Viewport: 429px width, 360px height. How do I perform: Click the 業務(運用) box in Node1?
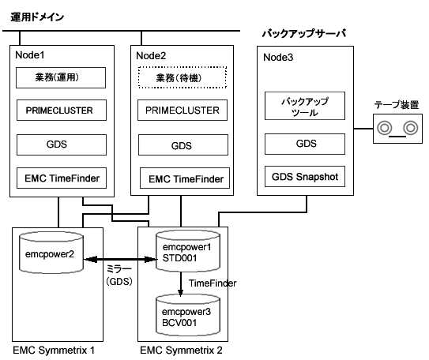[61, 78]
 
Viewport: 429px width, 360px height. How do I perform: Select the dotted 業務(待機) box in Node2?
[183, 77]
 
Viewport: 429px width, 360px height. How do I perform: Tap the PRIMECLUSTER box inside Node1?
[62, 111]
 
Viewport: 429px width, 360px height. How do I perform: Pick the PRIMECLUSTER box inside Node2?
[183, 111]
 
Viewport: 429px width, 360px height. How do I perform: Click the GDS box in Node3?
[305, 144]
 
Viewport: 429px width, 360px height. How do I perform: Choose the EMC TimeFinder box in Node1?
[62, 178]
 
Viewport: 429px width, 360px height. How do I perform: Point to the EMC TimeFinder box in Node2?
[185, 178]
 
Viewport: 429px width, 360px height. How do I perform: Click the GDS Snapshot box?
[305, 177]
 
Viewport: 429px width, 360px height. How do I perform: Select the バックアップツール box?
[305, 106]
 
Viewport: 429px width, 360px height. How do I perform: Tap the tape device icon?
[398, 129]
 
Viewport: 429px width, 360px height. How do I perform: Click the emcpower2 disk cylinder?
[51, 253]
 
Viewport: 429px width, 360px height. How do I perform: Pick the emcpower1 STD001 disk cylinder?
[188, 251]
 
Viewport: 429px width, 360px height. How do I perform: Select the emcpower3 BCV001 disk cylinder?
[188, 316]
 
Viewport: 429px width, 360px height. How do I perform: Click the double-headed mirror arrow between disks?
[120, 259]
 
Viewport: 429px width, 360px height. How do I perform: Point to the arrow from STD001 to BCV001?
[181, 284]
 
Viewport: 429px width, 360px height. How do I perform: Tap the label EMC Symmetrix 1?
[54, 351]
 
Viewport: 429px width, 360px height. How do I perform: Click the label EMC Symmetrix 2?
[181, 351]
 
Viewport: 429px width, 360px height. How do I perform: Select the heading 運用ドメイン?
[37, 17]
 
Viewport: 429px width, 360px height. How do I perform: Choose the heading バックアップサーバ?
[304, 33]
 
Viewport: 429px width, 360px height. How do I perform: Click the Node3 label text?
[278, 58]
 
